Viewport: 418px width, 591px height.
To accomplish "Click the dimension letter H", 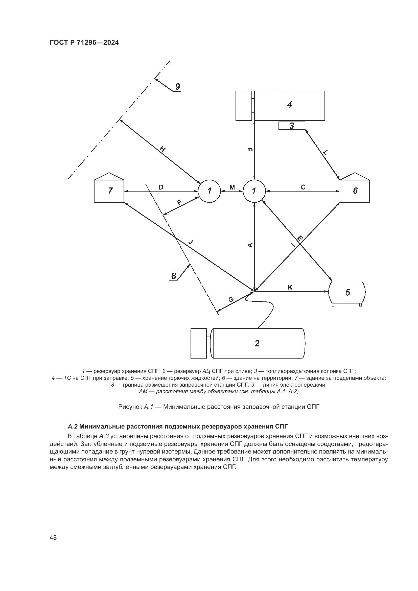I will pos(163,149).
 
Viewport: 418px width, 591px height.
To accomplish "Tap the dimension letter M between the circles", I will pos(232,187).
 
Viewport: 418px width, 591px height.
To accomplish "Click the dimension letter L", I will pos(325,152).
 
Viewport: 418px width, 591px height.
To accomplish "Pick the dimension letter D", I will pos(161,187).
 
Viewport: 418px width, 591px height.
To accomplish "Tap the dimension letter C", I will pos(303,187).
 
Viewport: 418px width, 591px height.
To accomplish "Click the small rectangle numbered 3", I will pos(292,126).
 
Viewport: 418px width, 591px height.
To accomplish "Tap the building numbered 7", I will pos(109,191).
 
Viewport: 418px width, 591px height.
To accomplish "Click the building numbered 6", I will pos(355,191).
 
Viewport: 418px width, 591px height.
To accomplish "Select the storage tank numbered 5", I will pos(347,292).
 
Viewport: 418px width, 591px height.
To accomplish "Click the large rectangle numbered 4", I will pos(289,105).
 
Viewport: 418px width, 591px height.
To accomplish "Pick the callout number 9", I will pos(177,87).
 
